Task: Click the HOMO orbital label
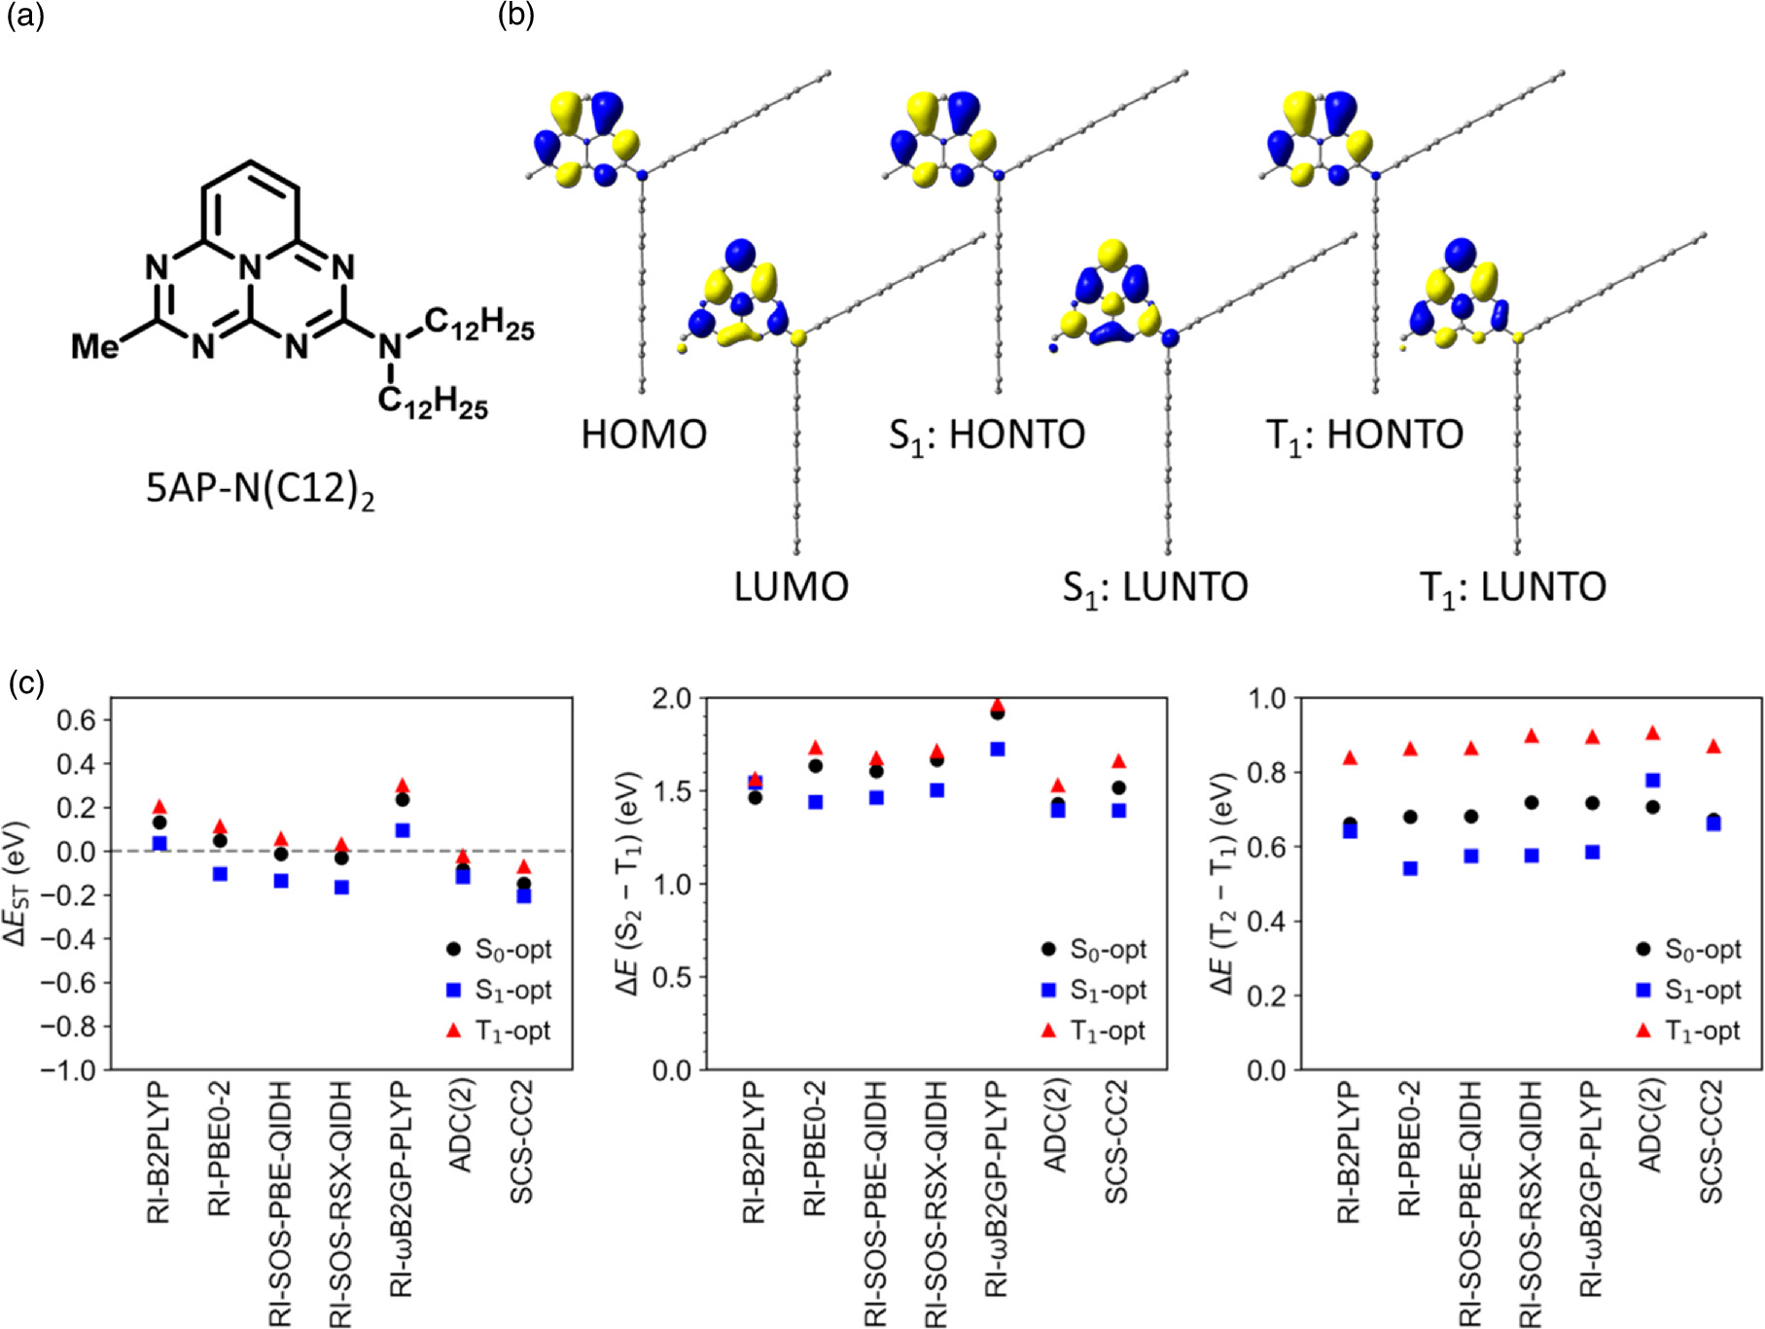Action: [644, 434]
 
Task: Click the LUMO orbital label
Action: [791, 586]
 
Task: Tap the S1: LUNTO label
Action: [1154, 587]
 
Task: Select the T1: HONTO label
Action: [1363, 435]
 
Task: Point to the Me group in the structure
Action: [94, 345]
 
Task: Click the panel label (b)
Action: [515, 15]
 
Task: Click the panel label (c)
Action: [25, 682]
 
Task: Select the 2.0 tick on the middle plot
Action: [668, 699]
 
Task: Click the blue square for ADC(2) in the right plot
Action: [1652, 780]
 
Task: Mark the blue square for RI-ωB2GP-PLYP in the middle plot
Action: [997, 749]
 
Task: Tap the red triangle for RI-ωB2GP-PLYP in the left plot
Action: [403, 785]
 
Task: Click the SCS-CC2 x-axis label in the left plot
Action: [522, 1141]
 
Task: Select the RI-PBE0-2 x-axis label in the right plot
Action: [1409, 1147]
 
